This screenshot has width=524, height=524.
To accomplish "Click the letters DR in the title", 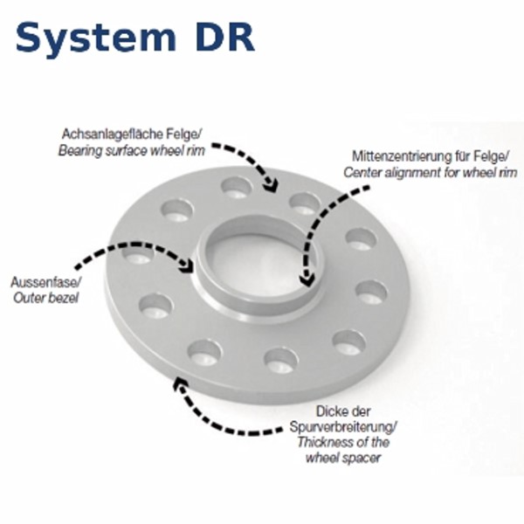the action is pyautogui.click(x=222, y=37).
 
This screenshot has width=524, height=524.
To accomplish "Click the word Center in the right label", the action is pyautogui.click(x=362, y=172).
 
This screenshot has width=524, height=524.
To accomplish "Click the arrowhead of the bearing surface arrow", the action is pyautogui.click(x=272, y=185).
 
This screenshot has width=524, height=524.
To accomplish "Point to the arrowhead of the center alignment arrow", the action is pyautogui.click(x=307, y=279).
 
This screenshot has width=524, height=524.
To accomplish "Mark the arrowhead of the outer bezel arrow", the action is pyautogui.click(x=187, y=265).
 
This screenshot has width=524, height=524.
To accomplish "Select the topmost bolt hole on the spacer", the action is pyautogui.click(x=236, y=188).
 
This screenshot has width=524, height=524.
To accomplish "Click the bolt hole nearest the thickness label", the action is pyautogui.click(x=281, y=360).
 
